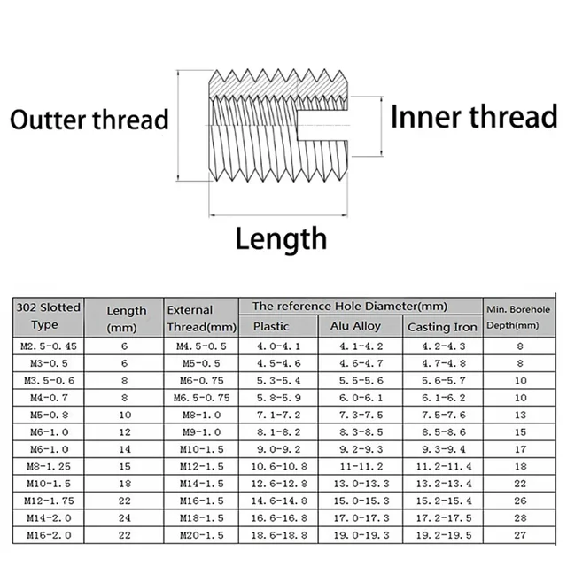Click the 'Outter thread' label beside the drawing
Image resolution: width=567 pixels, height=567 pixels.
click(x=89, y=120)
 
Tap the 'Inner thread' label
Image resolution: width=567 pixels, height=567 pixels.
click(x=474, y=118)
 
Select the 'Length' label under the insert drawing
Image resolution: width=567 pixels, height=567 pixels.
click(x=281, y=238)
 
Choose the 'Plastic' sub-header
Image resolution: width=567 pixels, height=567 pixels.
click(x=271, y=326)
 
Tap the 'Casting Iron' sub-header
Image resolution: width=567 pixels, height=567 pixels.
click(x=441, y=327)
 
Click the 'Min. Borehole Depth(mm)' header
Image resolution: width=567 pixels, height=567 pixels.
click(x=518, y=316)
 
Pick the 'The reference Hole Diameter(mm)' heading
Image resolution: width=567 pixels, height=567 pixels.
click(x=349, y=306)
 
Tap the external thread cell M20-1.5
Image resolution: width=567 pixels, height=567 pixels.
click(x=201, y=535)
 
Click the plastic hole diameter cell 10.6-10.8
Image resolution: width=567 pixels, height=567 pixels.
click(x=271, y=466)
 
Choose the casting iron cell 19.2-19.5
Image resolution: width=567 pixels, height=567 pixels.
click(x=441, y=535)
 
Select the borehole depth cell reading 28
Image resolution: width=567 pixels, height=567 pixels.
click(x=521, y=517)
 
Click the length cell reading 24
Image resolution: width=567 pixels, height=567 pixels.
click(x=125, y=517)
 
